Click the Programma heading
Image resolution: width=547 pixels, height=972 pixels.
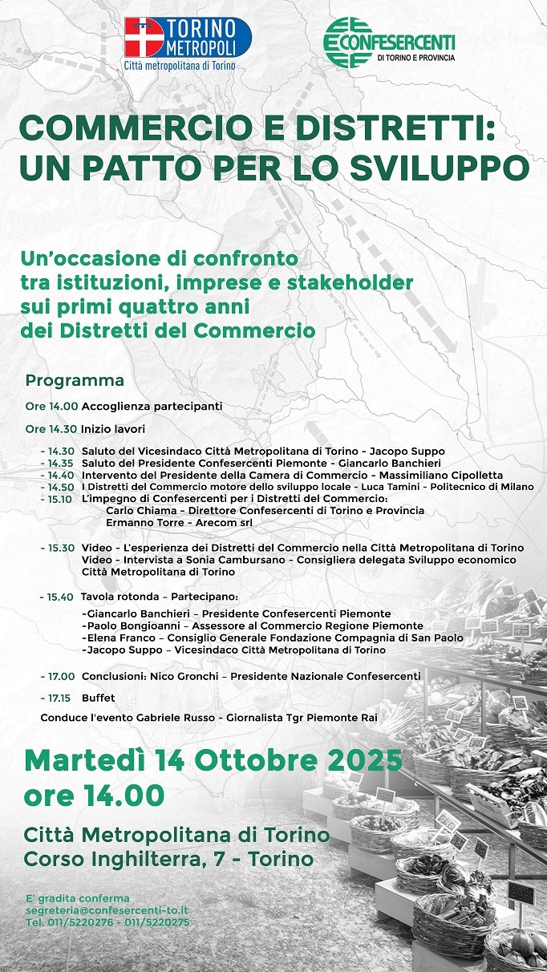click(x=75, y=380)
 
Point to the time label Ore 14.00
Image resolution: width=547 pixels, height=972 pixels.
click(x=51, y=407)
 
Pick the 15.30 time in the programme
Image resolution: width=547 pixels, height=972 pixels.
click(x=60, y=548)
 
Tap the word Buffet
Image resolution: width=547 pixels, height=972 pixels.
click(x=98, y=698)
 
